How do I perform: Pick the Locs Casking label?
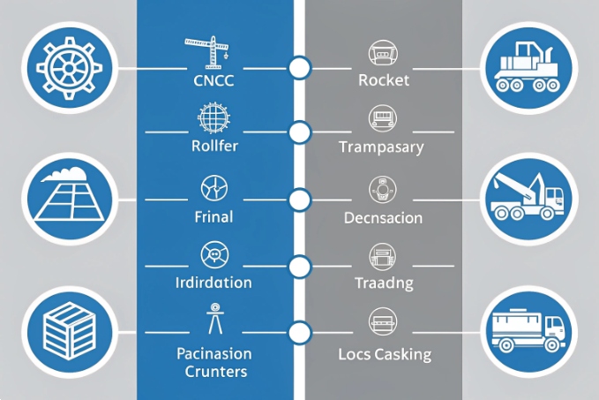(385, 355)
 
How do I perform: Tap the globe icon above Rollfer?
(212, 117)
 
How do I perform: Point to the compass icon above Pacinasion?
(212, 318)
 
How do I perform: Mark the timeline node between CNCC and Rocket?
(300, 67)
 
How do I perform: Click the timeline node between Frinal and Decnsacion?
(300, 200)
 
